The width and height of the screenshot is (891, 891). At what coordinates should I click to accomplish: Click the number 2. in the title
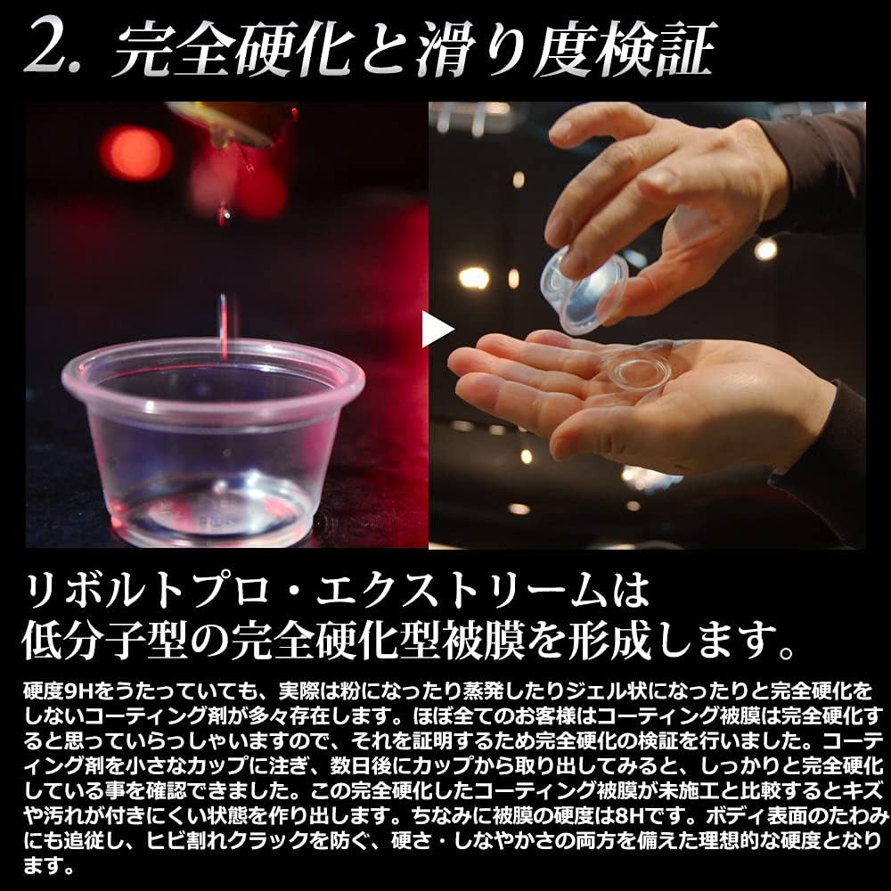point(58,49)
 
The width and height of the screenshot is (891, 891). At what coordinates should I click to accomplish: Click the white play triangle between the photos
point(437,329)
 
